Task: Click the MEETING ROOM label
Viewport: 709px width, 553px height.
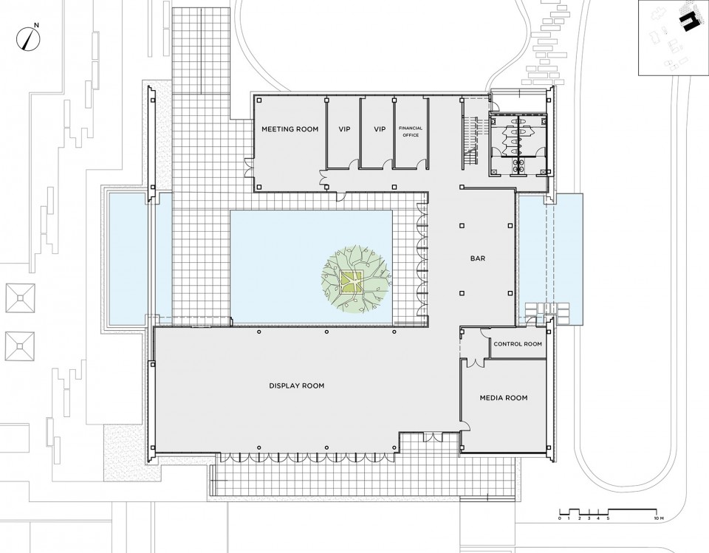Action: pyautogui.click(x=290, y=129)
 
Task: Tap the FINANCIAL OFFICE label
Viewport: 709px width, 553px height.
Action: pyautogui.click(x=411, y=131)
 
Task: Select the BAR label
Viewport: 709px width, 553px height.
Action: pyautogui.click(x=478, y=258)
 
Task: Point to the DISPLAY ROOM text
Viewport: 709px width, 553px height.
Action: pyautogui.click(x=297, y=385)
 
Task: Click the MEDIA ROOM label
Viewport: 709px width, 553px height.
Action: pyautogui.click(x=503, y=398)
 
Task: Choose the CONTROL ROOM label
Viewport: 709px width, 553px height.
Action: pyautogui.click(x=517, y=344)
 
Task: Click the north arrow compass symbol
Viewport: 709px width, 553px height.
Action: pyautogui.click(x=27, y=38)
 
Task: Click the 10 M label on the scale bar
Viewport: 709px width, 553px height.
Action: pyautogui.click(x=657, y=518)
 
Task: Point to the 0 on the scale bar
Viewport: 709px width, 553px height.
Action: pyautogui.click(x=560, y=518)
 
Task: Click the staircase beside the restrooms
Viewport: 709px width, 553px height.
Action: pyautogui.click(x=470, y=142)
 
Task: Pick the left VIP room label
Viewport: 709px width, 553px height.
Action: pyautogui.click(x=344, y=129)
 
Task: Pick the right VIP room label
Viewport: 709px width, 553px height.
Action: pyautogui.click(x=380, y=129)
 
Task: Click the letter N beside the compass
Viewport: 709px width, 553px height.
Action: pyautogui.click(x=37, y=25)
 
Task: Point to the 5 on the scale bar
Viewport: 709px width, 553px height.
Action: pyautogui.click(x=608, y=518)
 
